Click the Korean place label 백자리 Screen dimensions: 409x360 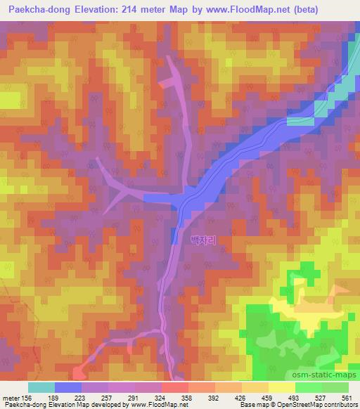tap(202, 240)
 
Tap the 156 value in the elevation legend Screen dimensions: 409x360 tap(27, 397)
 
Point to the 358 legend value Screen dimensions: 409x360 tap(187, 397)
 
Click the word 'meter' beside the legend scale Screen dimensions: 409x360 tap(11, 397)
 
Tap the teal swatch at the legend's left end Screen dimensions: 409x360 tap(41, 387)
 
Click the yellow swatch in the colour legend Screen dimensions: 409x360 tap(281, 387)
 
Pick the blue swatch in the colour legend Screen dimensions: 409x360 tap(68, 387)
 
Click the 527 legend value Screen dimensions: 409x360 tap(320, 397)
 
